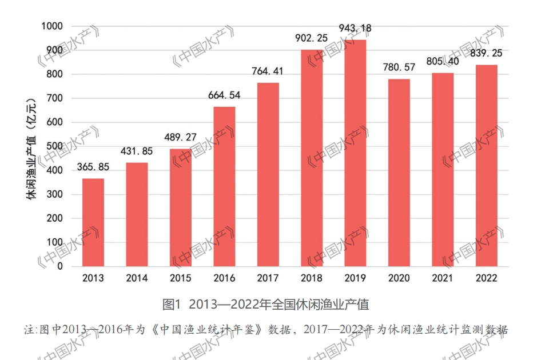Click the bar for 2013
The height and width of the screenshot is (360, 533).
point(93,222)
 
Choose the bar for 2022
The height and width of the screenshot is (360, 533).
point(486,166)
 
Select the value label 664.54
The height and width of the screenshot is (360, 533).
point(224,95)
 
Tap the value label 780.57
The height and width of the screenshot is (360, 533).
point(399,67)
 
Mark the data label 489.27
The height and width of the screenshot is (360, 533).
point(181,137)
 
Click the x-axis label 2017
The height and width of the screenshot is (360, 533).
point(268,278)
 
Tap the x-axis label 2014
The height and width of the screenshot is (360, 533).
point(137,278)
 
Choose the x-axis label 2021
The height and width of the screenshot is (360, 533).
point(443,278)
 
